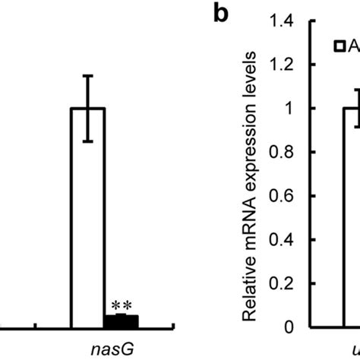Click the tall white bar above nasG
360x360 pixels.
coord(87,220)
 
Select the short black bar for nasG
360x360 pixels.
coord(121,321)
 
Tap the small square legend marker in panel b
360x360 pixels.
coord(341,48)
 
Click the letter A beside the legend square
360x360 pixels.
coord(353,48)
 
